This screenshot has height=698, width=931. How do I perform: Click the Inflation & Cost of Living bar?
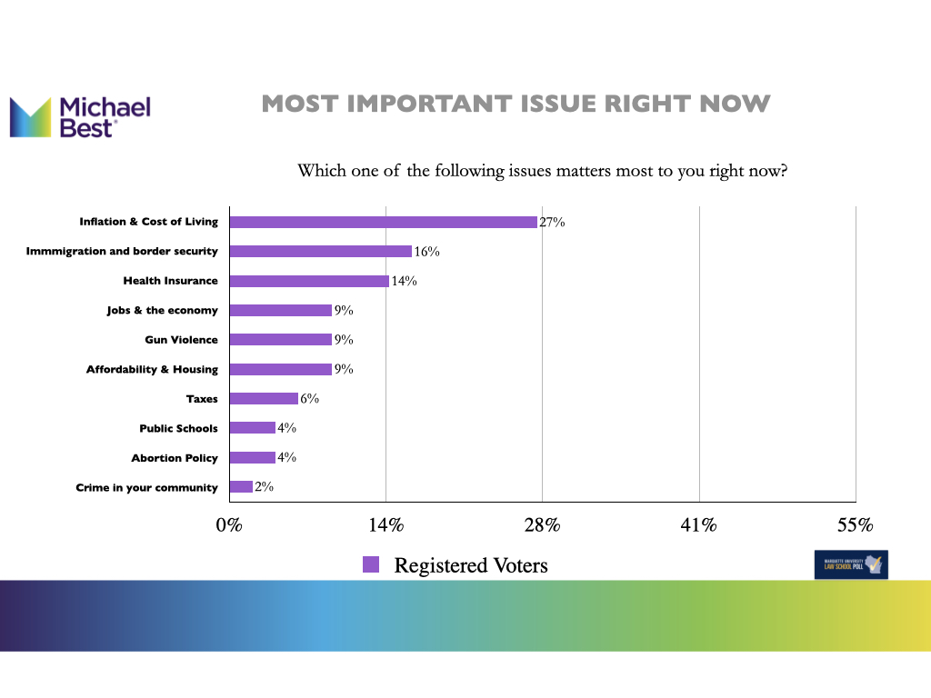tap(383, 222)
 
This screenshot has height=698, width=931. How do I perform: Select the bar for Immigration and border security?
tap(320, 251)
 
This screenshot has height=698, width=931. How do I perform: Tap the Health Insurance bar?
tap(309, 281)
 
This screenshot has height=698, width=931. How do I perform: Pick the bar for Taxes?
tap(264, 398)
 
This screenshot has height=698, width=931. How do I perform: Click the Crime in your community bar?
tap(241, 487)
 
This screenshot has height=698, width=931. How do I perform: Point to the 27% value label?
tap(552, 222)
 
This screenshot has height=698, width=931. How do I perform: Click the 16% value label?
tap(426, 252)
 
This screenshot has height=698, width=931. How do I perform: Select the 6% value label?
tap(309, 399)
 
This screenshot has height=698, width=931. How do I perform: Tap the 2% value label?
tap(264, 487)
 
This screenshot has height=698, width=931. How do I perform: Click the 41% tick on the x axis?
tap(699, 525)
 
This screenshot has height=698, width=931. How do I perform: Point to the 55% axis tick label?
tap(855, 525)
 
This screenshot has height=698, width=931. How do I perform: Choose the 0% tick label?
tap(229, 525)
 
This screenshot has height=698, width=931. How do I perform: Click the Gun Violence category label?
tap(182, 340)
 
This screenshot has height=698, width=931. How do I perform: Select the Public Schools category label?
tap(178, 428)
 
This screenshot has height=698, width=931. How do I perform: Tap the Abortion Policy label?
tap(175, 458)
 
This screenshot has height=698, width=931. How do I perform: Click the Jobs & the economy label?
tap(162, 311)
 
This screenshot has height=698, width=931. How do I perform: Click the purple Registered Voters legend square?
tap(371, 564)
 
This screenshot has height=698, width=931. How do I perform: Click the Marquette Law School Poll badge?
tap(851, 564)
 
